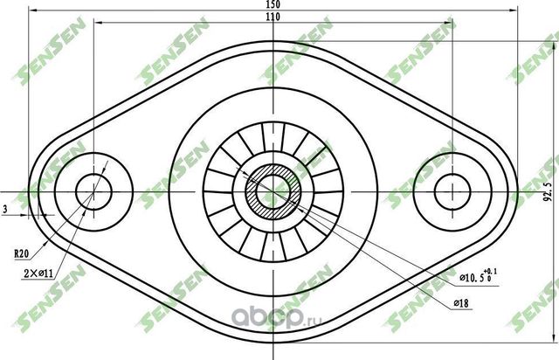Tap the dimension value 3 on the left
click(5, 210)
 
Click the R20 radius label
click(20, 253)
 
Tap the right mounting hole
click(452, 190)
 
